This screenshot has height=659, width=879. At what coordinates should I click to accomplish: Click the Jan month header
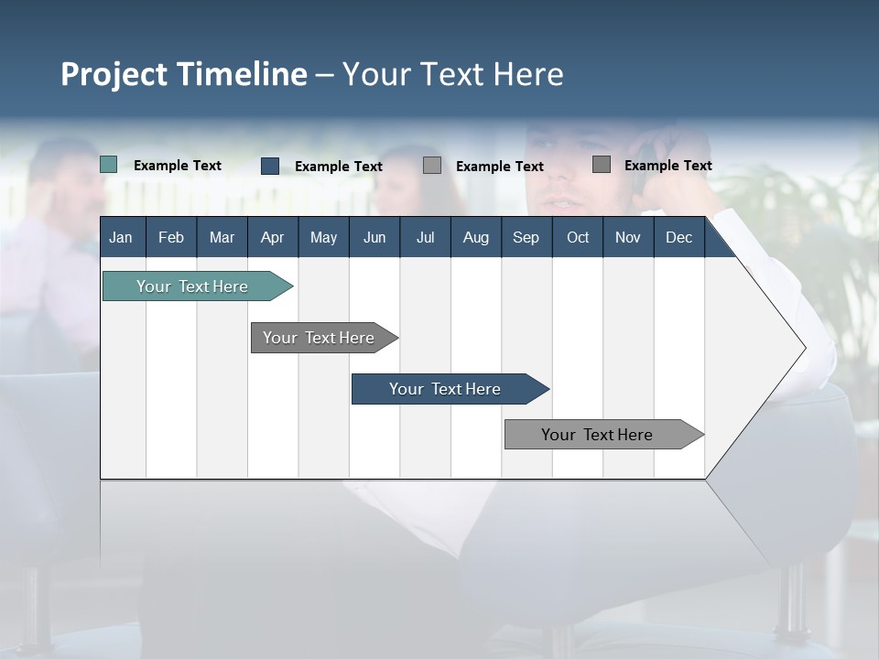coord(121,237)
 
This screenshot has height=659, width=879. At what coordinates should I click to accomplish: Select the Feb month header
coord(171,237)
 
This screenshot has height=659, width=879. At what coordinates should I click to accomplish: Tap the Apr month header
coord(272,237)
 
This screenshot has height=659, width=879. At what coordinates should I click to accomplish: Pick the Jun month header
coord(374,237)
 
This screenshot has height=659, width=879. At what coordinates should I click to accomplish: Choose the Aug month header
coord(475,237)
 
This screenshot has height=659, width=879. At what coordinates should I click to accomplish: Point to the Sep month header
coord(526,237)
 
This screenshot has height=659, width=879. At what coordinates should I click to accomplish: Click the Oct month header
coord(578,237)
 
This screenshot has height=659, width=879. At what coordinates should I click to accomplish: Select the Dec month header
coord(678,237)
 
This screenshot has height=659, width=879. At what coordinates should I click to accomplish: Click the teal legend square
coord(109,165)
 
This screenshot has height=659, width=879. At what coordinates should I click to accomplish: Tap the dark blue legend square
coord(270,166)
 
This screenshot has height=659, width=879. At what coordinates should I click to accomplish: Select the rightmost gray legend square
coord(602,165)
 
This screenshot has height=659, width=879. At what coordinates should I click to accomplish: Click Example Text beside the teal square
coord(178,166)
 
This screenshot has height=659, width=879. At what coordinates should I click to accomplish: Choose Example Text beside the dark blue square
coord(339,167)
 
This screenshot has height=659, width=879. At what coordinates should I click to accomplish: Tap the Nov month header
coord(627,237)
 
